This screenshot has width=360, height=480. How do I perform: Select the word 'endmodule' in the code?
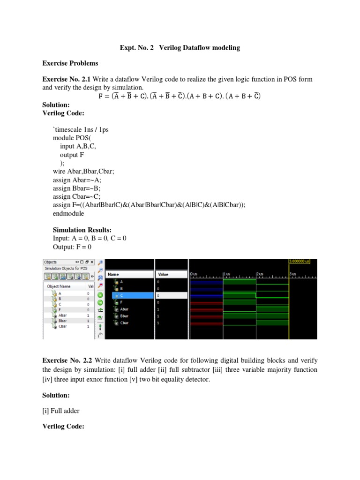click(68, 213)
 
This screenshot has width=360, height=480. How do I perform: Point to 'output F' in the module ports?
click(72, 155)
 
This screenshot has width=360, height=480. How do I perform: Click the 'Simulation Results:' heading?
click(82, 230)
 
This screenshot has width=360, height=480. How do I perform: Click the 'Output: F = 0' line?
click(72, 247)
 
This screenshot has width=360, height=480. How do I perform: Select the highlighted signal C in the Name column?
click(122, 296)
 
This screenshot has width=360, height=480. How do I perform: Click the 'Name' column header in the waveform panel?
click(113, 274)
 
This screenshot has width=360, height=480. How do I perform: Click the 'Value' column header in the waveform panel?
click(164, 274)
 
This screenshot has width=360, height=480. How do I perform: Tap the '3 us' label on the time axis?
click(293, 273)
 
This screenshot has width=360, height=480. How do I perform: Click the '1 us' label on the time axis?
click(226, 273)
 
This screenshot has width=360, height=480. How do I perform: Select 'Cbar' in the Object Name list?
click(63, 326)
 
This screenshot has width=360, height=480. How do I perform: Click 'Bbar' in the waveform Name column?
click(124, 316)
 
